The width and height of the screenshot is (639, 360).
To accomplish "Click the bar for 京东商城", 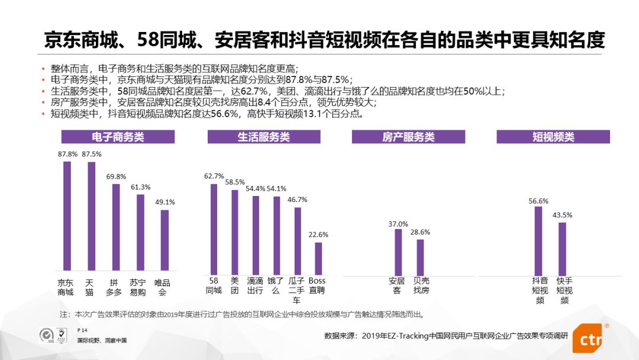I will tap(67, 216).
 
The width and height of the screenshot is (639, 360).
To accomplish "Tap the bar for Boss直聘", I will tap(318, 259).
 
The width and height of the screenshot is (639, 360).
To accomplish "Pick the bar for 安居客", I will tap(398, 252).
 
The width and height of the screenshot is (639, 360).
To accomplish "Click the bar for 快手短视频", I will tap(562, 249).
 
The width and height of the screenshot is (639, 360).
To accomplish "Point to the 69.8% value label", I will tap(116, 176).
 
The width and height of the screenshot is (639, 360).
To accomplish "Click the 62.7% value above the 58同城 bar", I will tap(214, 176).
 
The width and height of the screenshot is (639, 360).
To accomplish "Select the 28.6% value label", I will tap(420, 232).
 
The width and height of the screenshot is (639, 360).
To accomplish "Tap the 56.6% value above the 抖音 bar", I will tap(538, 201).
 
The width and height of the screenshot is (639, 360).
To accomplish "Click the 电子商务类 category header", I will tap(118, 137).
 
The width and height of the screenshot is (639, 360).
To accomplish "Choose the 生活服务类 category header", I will tap(264, 137).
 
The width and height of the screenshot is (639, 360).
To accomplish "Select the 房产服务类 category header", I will tap(409, 137).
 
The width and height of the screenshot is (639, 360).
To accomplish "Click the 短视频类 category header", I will tap(553, 137).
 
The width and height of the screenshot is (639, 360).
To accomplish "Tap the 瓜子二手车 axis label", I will tap(296, 290).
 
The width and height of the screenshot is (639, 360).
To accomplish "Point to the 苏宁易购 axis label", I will tap(138, 287).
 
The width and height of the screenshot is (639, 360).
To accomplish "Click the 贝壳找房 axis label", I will tap(421, 285).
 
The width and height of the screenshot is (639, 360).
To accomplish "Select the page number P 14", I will tap(82, 329).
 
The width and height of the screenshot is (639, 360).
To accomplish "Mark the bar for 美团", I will tap(235, 232).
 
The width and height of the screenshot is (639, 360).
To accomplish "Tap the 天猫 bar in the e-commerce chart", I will tap(91, 216).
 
